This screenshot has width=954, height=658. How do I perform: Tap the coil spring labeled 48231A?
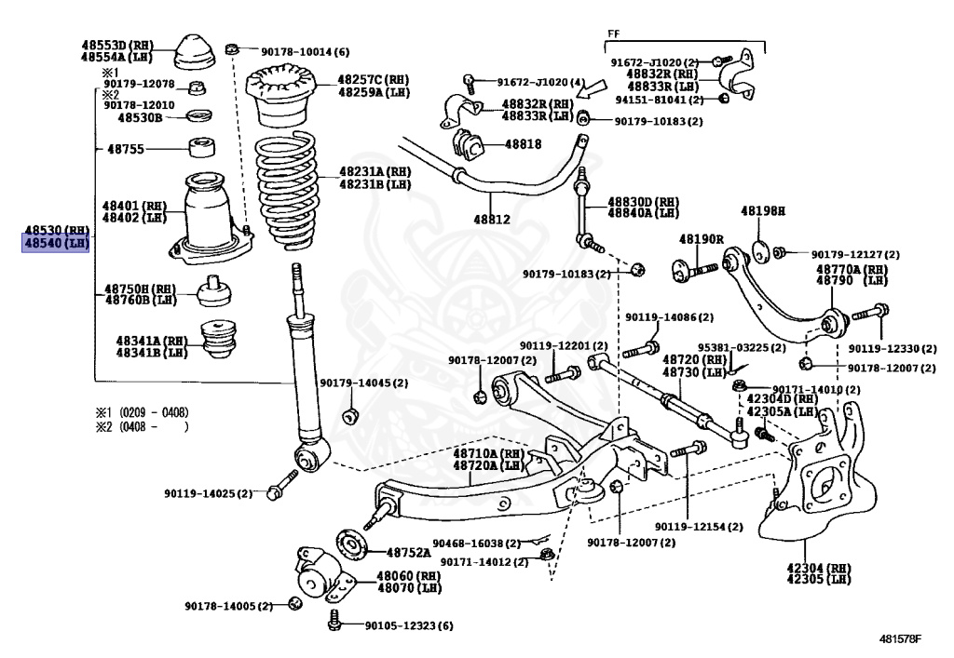(292, 191)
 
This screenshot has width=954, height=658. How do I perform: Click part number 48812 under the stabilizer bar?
(492, 221)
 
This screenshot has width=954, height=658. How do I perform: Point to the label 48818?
(523, 144)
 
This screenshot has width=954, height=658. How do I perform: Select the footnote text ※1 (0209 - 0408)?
(142, 410)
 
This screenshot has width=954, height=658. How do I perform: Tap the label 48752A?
(409, 552)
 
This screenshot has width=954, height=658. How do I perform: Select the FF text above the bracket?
(613, 34)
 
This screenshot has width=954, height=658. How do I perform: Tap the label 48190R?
(701, 239)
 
